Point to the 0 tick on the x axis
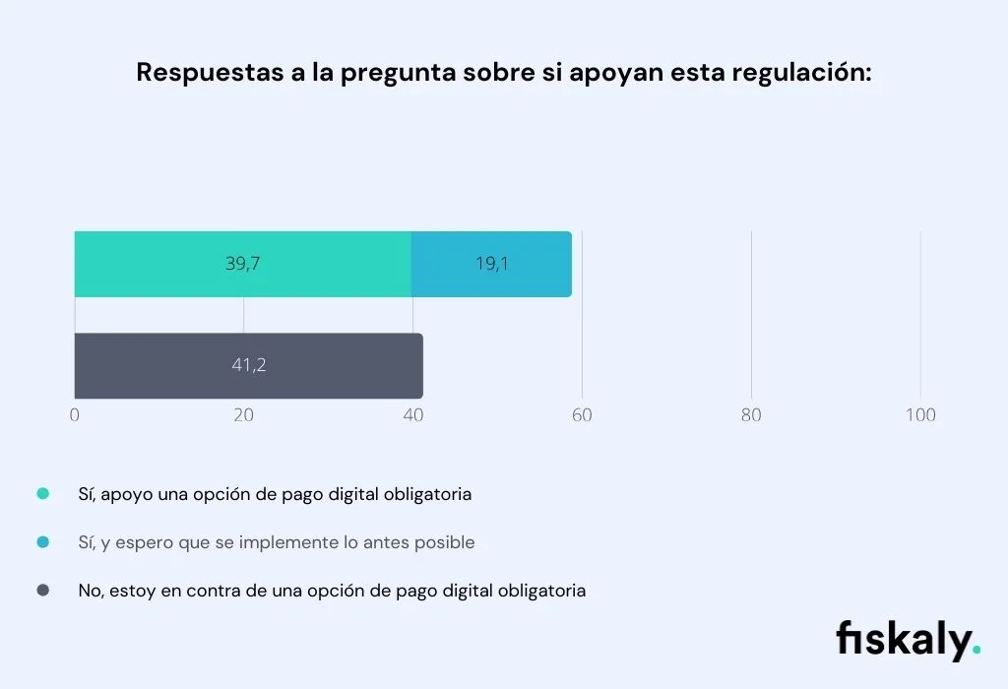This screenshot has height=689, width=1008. point(75,415)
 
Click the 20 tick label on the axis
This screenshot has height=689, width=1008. point(243,415)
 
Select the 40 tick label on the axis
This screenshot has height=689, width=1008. point(412,415)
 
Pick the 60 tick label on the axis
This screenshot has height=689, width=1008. point(582,415)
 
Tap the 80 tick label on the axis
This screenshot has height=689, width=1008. point(751,415)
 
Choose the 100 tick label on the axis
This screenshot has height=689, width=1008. point(920,415)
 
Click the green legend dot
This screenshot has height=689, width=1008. point(42,494)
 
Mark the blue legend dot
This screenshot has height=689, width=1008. point(42,542)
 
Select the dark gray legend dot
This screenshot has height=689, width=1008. point(42,591)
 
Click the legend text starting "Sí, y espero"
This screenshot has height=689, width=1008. point(277,542)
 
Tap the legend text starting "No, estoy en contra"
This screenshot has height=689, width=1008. point(332,591)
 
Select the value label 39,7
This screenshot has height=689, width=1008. point(242,264)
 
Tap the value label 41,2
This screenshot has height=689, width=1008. point(249,365)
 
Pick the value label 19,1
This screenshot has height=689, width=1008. point(491,264)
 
